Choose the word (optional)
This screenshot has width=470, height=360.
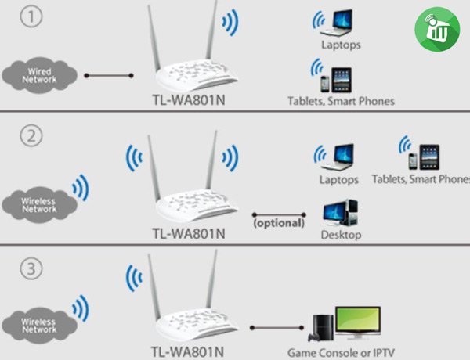coord(278,223)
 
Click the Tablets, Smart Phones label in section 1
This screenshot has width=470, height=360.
coord(341,101)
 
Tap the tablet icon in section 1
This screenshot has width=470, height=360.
coord(342,79)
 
